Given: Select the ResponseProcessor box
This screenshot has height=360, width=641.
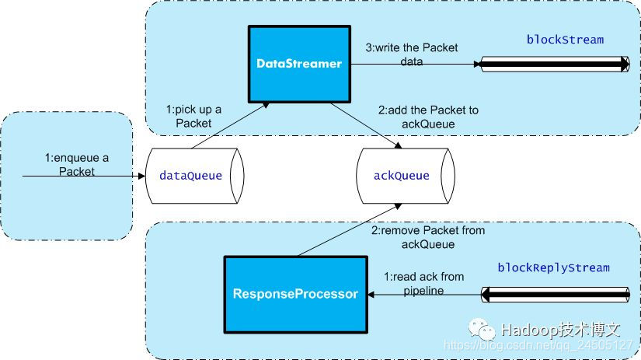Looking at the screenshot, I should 296,294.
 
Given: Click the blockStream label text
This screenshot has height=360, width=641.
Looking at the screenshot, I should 564,40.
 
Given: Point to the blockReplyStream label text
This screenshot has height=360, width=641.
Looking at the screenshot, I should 554,268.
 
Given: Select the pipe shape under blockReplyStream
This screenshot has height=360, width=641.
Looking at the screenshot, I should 555,294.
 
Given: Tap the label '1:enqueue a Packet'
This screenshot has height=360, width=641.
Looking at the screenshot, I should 77,164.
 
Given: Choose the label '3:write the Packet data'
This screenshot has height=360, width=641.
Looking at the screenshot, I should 412,54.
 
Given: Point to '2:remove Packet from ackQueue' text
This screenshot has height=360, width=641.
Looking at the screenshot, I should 428,236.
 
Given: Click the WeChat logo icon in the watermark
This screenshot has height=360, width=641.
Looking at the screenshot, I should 486,330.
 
